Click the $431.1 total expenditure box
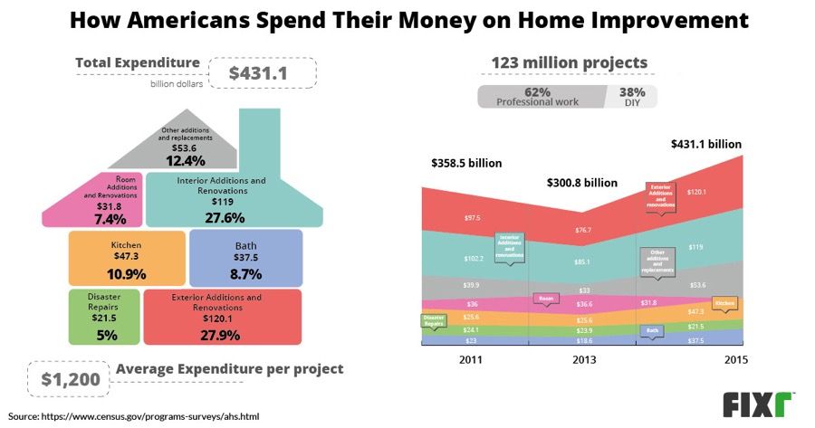click(x=263, y=71)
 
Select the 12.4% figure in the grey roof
click(x=185, y=160)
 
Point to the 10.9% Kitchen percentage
click(x=127, y=273)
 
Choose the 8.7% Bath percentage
click(x=245, y=273)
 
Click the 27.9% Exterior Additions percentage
click(x=222, y=335)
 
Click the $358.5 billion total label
click(x=465, y=163)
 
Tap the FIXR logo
click(x=757, y=404)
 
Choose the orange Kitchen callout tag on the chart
click(x=724, y=304)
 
